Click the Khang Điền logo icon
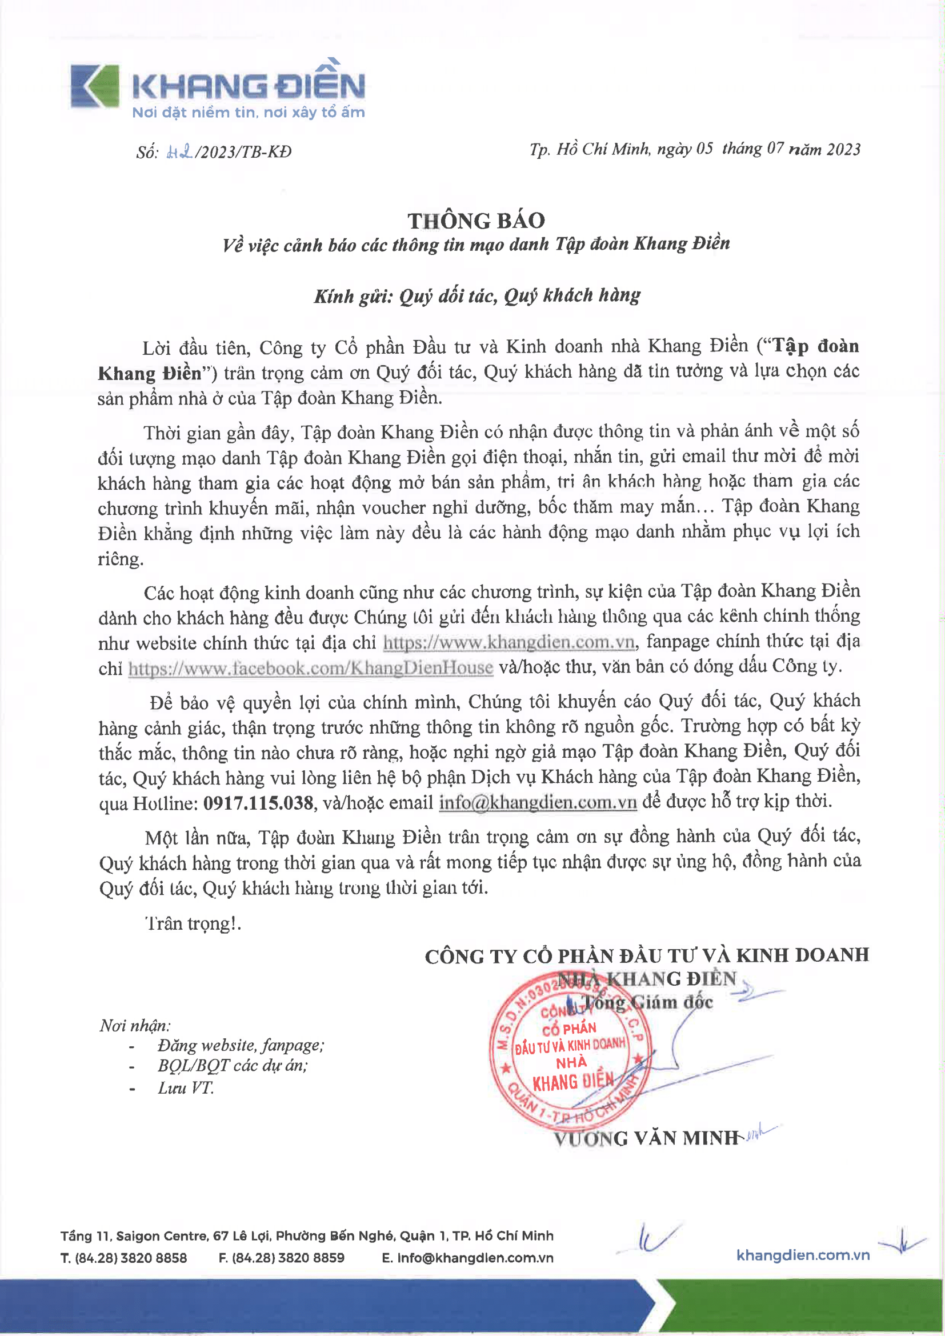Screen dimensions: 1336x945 point(95,86)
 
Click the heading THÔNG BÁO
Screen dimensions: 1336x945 point(476,221)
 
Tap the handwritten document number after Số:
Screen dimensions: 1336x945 point(180,153)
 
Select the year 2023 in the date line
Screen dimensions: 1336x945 point(843,150)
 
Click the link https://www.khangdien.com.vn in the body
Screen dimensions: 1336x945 point(508,642)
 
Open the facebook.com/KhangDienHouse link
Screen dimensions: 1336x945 point(311,667)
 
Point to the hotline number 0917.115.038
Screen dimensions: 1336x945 point(258,803)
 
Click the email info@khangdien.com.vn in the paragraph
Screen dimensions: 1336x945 point(538,802)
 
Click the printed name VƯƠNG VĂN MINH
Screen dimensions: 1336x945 point(646,1138)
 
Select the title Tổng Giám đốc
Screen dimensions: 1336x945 point(647,1002)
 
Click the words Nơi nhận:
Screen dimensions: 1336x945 point(135,1025)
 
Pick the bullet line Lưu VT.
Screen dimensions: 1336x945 point(186,1087)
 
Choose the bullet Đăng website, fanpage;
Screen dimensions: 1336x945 point(241,1046)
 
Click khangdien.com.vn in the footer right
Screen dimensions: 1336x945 point(803,1255)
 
